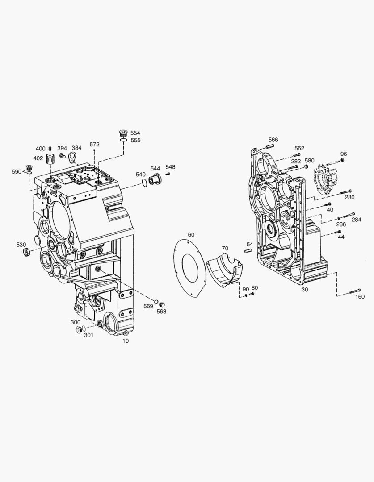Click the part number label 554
(135, 133)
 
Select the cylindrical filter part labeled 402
(51, 159)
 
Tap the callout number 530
(21, 245)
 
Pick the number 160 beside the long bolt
(359, 297)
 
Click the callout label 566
(273, 140)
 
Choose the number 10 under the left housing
(125, 341)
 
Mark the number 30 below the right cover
(305, 290)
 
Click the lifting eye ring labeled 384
(72, 157)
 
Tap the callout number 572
(94, 145)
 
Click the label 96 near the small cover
(343, 154)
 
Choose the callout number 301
(89, 335)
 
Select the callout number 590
(17, 172)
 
